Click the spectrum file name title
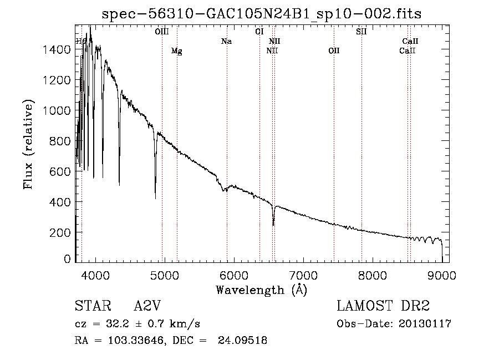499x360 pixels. [261, 14]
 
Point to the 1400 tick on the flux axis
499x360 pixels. [58, 50]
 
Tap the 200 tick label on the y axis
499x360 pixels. [61, 232]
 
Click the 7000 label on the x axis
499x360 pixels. [303, 275]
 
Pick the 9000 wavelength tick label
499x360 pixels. [442, 275]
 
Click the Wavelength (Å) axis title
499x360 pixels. [261, 290]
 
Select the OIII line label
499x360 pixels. [162, 32]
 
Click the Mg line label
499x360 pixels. [176, 51]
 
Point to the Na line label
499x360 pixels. [226, 41]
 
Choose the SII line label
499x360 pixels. [361, 32]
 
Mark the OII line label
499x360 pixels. [334, 51]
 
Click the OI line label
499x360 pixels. [259, 32]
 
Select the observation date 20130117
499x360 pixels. [426, 324]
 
